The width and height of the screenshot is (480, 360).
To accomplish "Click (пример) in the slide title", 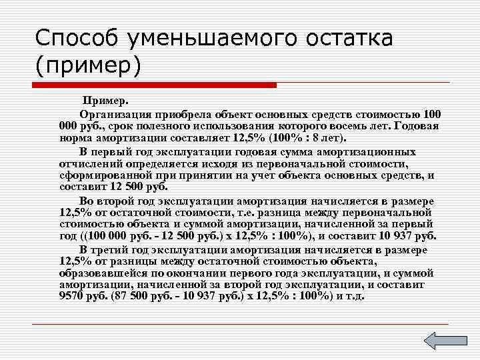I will pos(87,67).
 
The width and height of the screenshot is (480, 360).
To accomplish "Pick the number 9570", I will pos(73,296).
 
